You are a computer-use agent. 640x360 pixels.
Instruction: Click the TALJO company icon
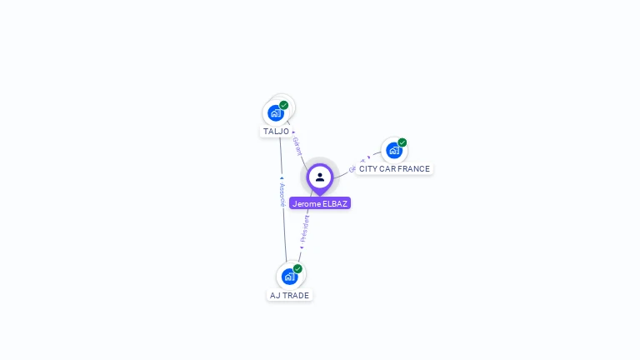(276, 112)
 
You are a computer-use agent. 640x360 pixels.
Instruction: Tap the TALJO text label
(276, 132)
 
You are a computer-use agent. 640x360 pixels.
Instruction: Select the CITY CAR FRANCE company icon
(393, 151)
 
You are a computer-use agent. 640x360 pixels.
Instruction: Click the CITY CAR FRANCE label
(394, 169)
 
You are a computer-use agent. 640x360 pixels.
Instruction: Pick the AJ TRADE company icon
(289, 276)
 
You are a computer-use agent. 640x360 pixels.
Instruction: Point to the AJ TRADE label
(289, 296)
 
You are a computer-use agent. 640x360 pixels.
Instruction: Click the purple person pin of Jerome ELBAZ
(320, 177)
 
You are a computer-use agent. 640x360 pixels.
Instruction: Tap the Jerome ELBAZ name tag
(320, 203)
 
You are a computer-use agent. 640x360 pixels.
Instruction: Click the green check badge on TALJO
(284, 105)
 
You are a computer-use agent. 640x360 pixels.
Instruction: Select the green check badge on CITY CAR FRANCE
(402, 142)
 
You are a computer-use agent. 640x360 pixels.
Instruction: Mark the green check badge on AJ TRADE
(297, 268)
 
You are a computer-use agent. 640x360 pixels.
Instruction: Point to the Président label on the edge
(305, 228)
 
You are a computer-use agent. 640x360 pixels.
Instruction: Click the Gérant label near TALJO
(297, 147)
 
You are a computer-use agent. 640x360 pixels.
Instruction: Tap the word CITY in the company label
(367, 169)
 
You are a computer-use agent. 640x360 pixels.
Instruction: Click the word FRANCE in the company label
(414, 169)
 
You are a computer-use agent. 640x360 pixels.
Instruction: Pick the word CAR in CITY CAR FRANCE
(387, 169)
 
